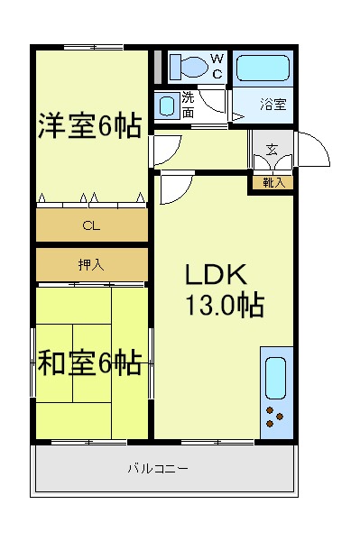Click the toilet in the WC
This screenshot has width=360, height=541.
coord(189,67)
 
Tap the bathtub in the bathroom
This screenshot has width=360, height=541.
coord(263,69)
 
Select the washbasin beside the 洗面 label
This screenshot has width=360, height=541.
coord(167,105)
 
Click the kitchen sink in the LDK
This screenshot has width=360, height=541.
coord(275,378)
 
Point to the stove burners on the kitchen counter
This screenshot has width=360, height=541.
coord(274,417)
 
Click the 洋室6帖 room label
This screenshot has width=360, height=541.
coord(89,125)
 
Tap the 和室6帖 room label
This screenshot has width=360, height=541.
coord(89,363)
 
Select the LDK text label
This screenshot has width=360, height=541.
coord(216,274)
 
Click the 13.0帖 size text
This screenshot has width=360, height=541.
coord(225,305)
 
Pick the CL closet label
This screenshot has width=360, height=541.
coord(91,225)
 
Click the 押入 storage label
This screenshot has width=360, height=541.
coord(91,264)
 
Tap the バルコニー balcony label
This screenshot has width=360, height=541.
coord(159,469)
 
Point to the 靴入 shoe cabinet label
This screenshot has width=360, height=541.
coord(274,182)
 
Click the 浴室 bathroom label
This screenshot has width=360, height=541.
coord(273,104)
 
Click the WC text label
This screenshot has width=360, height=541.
coord(217,66)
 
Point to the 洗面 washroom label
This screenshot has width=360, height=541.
coord(188,105)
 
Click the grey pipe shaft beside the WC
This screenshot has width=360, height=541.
coord(158,67)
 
